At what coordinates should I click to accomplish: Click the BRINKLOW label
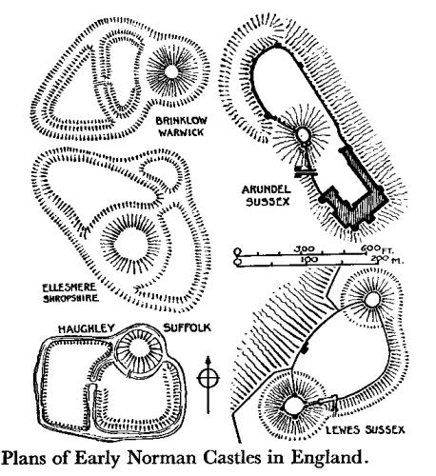point(181,121)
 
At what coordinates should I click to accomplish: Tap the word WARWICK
point(181,132)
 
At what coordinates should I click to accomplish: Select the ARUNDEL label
point(266,189)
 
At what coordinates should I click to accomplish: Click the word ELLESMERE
point(69,288)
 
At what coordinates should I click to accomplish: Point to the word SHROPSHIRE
point(70,299)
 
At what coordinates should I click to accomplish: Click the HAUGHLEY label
point(86,328)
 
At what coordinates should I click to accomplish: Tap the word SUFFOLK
point(187,327)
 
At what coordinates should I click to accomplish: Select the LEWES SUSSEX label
point(366,430)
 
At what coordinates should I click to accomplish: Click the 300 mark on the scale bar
point(304,248)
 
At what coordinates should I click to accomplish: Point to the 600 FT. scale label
point(378,248)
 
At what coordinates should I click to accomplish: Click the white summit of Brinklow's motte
point(171,72)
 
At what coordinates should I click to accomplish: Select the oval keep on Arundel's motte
point(304,134)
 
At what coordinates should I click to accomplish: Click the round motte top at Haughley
point(139,349)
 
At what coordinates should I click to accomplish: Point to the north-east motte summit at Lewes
point(372,300)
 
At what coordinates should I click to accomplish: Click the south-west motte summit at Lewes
point(294,406)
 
